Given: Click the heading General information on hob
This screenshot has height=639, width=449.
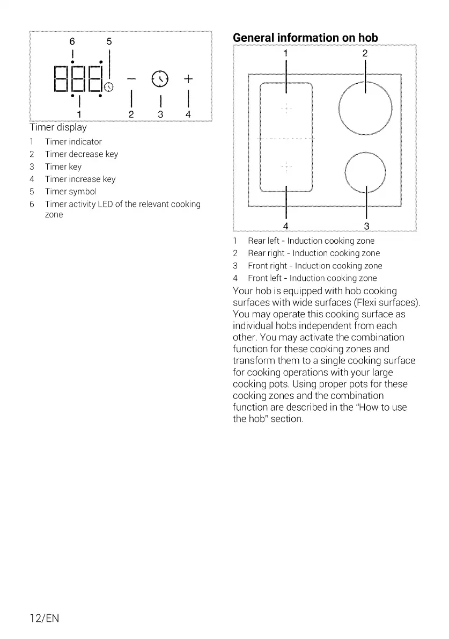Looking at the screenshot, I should pos(305,38).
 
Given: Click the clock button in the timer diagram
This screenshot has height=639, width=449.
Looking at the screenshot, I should pos(160,79).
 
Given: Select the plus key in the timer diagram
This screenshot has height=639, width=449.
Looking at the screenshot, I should pos(188,79).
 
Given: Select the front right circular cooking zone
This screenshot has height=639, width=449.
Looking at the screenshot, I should pos(365,172).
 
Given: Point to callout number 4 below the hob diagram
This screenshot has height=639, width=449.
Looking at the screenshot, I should pos(286,225).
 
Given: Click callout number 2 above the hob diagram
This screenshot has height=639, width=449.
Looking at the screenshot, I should pos(365,53).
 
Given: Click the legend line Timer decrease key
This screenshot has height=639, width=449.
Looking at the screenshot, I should pos(81,154).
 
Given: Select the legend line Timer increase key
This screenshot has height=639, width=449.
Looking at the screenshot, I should pos(80,179).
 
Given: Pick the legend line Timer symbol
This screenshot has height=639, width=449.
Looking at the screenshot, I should pos(71,192).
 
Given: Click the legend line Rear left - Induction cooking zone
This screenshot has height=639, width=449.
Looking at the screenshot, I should pos(311,241).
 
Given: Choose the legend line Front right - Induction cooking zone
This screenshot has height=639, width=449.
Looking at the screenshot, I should pos(314,266).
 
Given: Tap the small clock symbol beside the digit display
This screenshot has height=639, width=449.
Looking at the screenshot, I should pos(109,87).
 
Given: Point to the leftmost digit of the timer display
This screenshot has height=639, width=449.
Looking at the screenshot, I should pos(62,79).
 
